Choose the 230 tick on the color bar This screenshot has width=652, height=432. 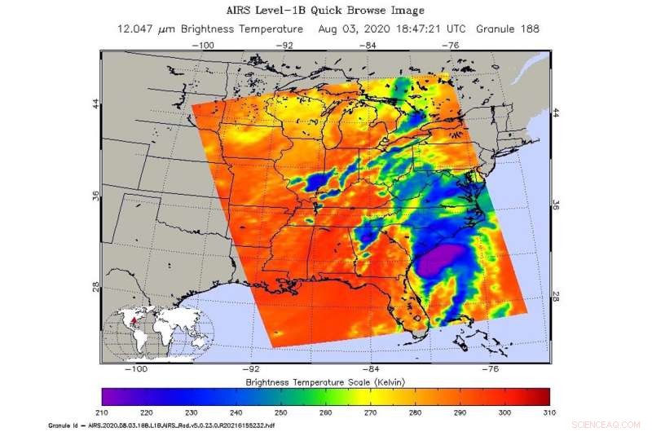click(192, 414)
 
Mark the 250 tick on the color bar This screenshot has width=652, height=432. click(281, 414)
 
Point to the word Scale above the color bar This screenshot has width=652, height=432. click(348, 381)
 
